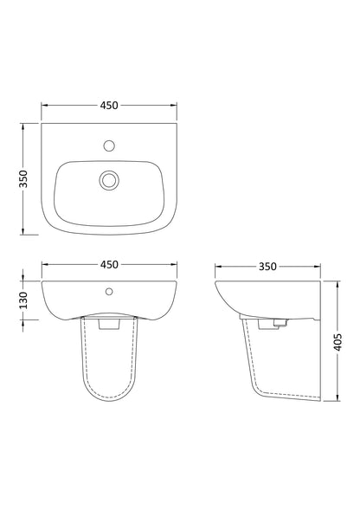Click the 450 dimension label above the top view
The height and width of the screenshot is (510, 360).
click(109, 106)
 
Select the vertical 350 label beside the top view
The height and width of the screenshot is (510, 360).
click(25, 178)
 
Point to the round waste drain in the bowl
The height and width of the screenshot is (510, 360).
click(109, 179)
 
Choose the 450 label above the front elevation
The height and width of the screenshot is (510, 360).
click(109, 264)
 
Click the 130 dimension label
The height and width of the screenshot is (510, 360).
click(25, 299)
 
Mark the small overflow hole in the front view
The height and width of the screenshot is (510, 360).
click(109, 290)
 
